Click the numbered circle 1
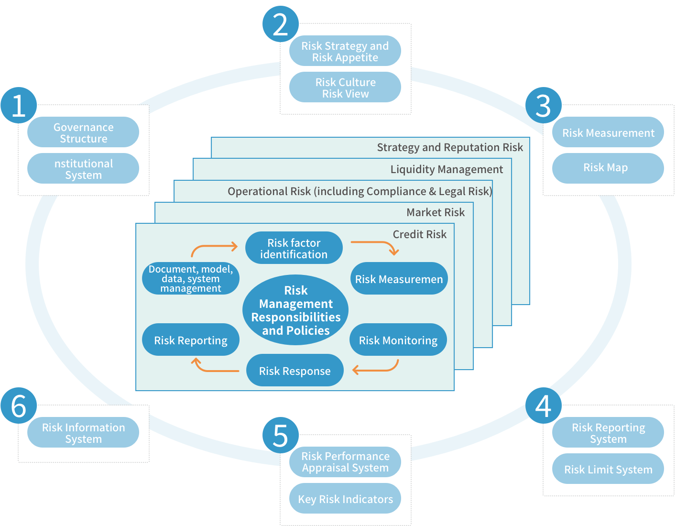point(19,105)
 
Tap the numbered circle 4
point(543,405)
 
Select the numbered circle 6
point(19,405)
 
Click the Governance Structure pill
point(83,132)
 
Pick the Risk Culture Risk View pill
point(345,88)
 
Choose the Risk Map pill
point(608,168)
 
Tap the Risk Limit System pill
point(608,469)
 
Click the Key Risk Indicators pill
point(345,499)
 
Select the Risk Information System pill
point(83,433)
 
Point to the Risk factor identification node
point(294,248)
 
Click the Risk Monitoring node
point(398,340)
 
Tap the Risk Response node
point(294,371)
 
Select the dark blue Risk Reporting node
point(190,340)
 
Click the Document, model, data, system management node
point(190,279)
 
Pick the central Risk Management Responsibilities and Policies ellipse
point(295,310)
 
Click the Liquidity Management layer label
point(446,169)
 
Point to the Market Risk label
point(435,212)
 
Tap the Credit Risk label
point(419,234)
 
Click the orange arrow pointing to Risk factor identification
point(214,248)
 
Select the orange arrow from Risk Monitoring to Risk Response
point(376,368)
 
